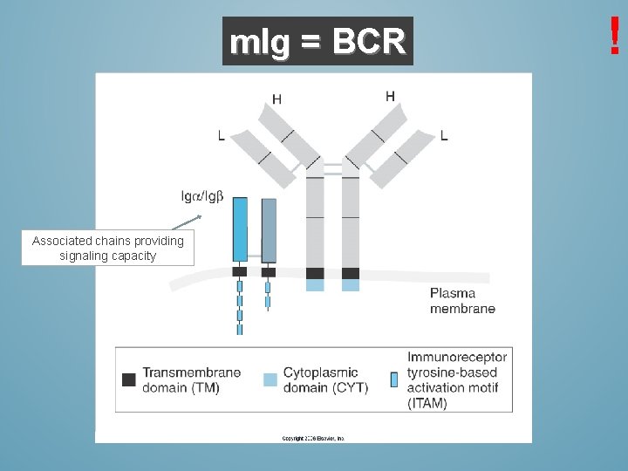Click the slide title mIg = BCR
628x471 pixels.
[x=317, y=41]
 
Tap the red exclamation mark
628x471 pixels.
[x=615, y=36]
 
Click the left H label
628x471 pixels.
[x=276, y=99]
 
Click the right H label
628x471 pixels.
[x=390, y=96]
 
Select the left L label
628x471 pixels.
[x=221, y=135]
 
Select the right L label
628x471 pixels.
[x=445, y=135]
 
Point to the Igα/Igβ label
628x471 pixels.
[x=201, y=195]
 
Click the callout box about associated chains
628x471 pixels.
[x=108, y=248]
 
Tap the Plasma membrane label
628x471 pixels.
[x=462, y=301]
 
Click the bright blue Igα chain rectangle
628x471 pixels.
[x=240, y=229]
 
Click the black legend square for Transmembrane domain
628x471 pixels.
[x=129, y=379]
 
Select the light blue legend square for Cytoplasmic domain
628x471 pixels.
[x=270, y=379]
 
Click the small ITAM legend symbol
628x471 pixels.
[x=394, y=379]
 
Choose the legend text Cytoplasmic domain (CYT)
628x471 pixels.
[x=325, y=380]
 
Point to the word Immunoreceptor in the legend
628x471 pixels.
[x=456, y=357]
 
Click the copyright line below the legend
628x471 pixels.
[x=313, y=438]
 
